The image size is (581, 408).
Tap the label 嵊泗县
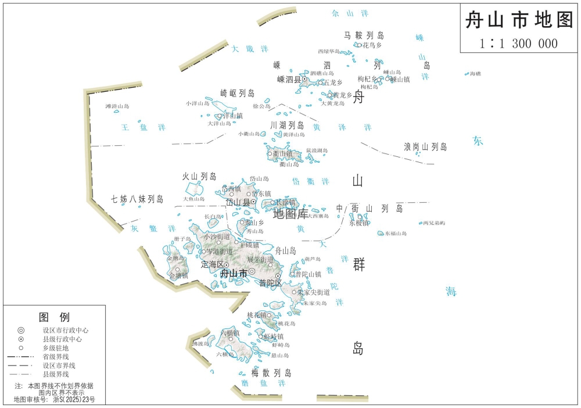point(289,80)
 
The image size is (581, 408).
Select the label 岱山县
point(237,202)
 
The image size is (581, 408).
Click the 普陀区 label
point(270,283)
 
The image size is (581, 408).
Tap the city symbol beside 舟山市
point(252,271)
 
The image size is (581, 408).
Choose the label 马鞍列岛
point(364,35)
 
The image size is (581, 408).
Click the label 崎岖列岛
point(238,93)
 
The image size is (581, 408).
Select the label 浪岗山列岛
point(425,147)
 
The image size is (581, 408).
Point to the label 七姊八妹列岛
point(138,199)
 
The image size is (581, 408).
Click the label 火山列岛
point(199,176)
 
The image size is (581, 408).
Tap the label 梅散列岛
point(271,373)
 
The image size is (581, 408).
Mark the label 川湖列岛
point(287,125)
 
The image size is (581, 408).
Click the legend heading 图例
point(54,317)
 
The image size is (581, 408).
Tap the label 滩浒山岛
point(117,106)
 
